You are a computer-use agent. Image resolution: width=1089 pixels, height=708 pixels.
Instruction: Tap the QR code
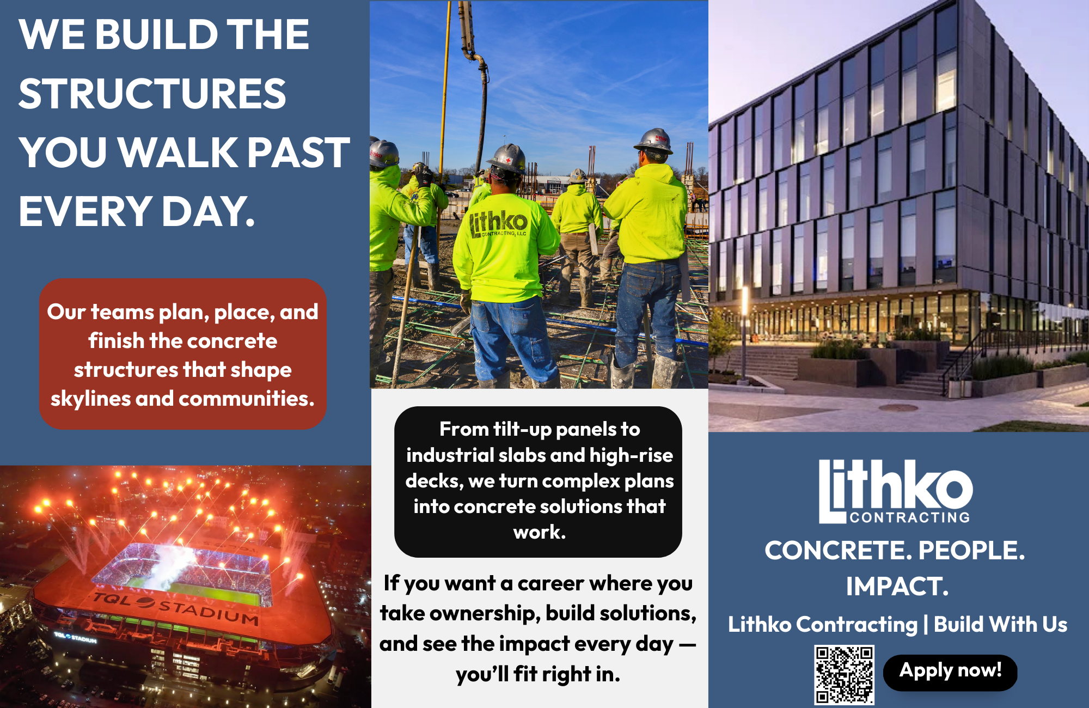click(844, 675)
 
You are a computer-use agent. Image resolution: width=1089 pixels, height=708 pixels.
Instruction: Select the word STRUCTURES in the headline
click(152, 93)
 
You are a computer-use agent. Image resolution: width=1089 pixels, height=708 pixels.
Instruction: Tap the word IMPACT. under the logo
click(897, 587)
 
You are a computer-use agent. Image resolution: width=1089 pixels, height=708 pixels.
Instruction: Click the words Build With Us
click(1001, 624)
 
